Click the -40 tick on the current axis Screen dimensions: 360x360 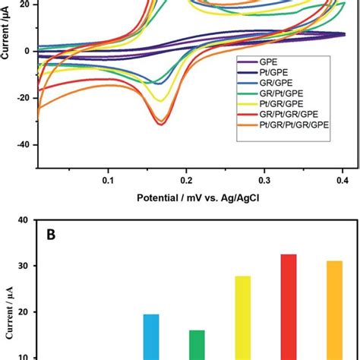tap(22, 145)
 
